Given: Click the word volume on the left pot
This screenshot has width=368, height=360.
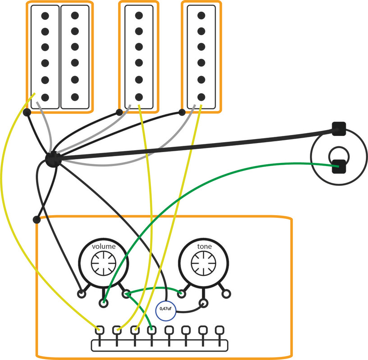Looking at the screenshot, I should pyautogui.click(x=104, y=247).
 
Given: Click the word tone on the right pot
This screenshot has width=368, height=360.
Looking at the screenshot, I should pyautogui.click(x=204, y=247).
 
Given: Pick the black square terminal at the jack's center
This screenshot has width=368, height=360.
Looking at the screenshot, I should pyautogui.click(x=338, y=167).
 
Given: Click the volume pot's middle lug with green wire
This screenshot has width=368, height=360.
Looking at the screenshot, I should pyautogui.click(x=104, y=303).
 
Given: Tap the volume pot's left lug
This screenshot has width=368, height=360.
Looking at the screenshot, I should pyautogui.click(x=82, y=294).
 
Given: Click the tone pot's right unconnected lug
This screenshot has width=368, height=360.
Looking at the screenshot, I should pyautogui.click(x=226, y=294).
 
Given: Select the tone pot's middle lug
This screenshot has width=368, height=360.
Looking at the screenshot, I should pyautogui.click(x=204, y=303).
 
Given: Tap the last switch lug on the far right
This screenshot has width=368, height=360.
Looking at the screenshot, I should pyautogui.click(x=219, y=330).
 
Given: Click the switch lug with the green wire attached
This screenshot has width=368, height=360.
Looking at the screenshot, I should pyautogui.click(x=152, y=330).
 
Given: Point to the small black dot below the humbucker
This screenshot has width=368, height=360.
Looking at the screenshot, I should pyautogui.click(x=27, y=112).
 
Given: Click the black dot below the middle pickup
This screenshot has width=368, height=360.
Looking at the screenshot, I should pyautogui.click(x=119, y=112).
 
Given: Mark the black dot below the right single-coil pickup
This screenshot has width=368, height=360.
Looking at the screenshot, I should pyautogui.click(x=183, y=112).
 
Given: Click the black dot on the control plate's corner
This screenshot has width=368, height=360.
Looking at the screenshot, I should pyautogui.click(x=36, y=220).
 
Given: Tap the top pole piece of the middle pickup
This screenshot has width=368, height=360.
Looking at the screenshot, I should pyautogui.click(x=139, y=16).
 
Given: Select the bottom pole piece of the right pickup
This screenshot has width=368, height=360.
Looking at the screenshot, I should pyautogui.click(x=201, y=96).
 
